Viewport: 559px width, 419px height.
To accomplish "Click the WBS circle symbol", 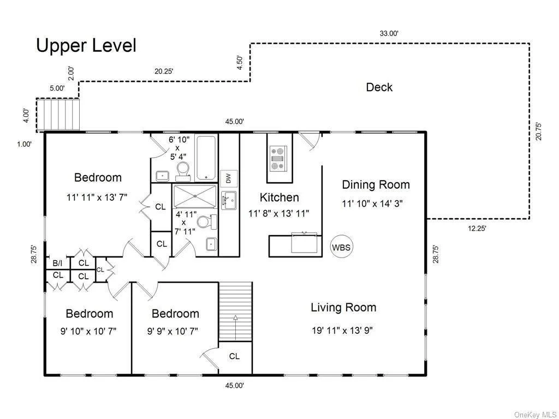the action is pyautogui.click(x=342, y=247).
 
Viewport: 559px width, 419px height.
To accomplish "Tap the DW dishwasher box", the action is pyautogui.click(x=229, y=178).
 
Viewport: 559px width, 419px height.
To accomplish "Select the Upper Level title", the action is pyautogui.click(x=86, y=46).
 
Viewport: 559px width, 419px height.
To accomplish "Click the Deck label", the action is pyautogui.click(x=379, y=87).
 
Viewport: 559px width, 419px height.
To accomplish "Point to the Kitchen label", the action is pyautogui.click(x=279, y=197).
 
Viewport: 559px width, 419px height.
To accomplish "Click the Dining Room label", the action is pyautogui.click(x=376, y=184).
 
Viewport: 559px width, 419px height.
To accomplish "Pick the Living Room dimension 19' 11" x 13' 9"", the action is pyautogui.click(x=342, y=330).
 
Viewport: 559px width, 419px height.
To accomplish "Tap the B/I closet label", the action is pyautogui.click(x=57, y=263).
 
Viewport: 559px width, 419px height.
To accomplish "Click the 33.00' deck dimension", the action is pyautogui.click(x=389, y=33).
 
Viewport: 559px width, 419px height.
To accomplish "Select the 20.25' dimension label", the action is pyautogui.click(x=164, y=71).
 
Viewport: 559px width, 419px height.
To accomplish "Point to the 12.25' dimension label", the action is pyautogui.click(x=477, y=229).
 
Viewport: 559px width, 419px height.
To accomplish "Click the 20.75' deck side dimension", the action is pyautogui.click(x=538, y=131).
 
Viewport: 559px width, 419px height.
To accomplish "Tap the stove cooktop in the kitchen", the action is pyautogui.click(x=279, y=158).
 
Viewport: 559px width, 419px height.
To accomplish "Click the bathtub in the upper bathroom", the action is pyautogui.click(x=206, y=157).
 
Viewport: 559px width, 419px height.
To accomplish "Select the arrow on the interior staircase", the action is pyautogui.click(x=235, y=328).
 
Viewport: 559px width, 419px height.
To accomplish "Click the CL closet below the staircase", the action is pyautogui.click(x=234, y=356).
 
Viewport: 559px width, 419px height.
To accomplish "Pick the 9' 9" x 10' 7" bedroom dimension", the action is pyautogui.click(x=173, y=331).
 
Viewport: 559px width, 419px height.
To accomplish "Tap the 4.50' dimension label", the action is pyautogui.click(x=240, y=63).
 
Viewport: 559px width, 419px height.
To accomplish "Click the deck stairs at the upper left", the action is pyautogui.click(x=57, y=115).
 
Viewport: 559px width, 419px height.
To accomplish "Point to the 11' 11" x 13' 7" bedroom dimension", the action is pyautogui.click(x=97, y=197).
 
